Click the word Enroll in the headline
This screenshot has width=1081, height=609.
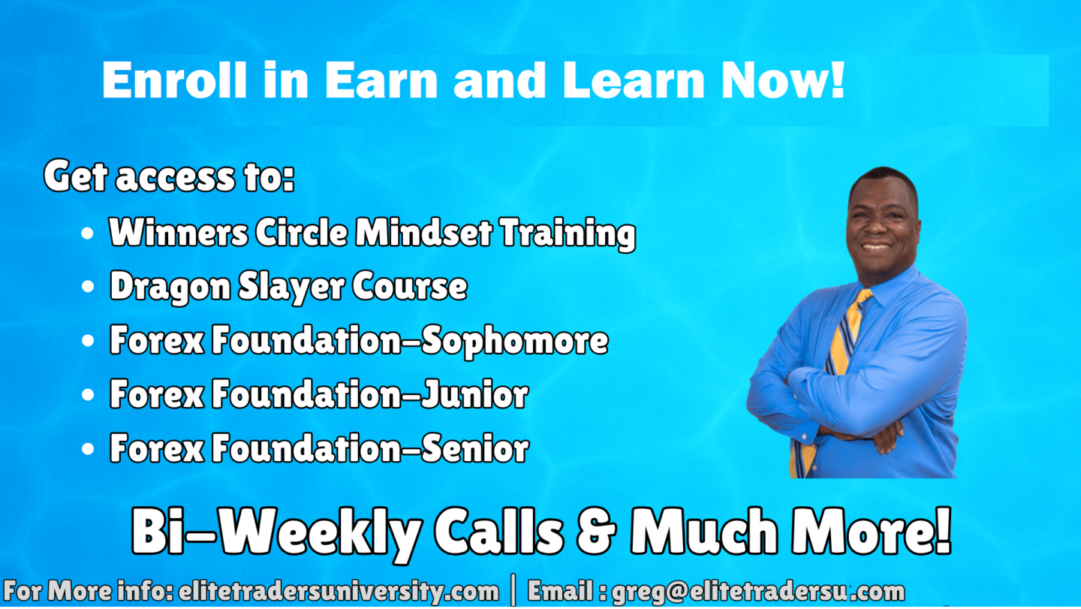click(x=174, y=80)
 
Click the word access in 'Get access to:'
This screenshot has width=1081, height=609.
click(x=176, y=177)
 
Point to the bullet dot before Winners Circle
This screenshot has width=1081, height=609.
click(x=87, y=234)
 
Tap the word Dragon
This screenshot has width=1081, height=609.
click(x=170, y=288)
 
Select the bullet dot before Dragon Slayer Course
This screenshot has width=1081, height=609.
click(x=87, y=287)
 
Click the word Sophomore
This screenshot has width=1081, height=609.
click(x=515, y=341)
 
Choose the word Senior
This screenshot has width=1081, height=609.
click(x=475, y=449)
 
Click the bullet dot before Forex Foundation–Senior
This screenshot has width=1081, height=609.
click(x=87, y=449)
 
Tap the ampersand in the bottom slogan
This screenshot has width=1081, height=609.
click(x=597, y=531)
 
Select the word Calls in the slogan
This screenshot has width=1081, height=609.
click(x=499, y=531)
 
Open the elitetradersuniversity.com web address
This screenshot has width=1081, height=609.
click(x=339, y=592)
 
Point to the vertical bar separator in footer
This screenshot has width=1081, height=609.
click(x=513, y=589)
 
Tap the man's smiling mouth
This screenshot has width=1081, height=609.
click(x=876, y=247)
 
